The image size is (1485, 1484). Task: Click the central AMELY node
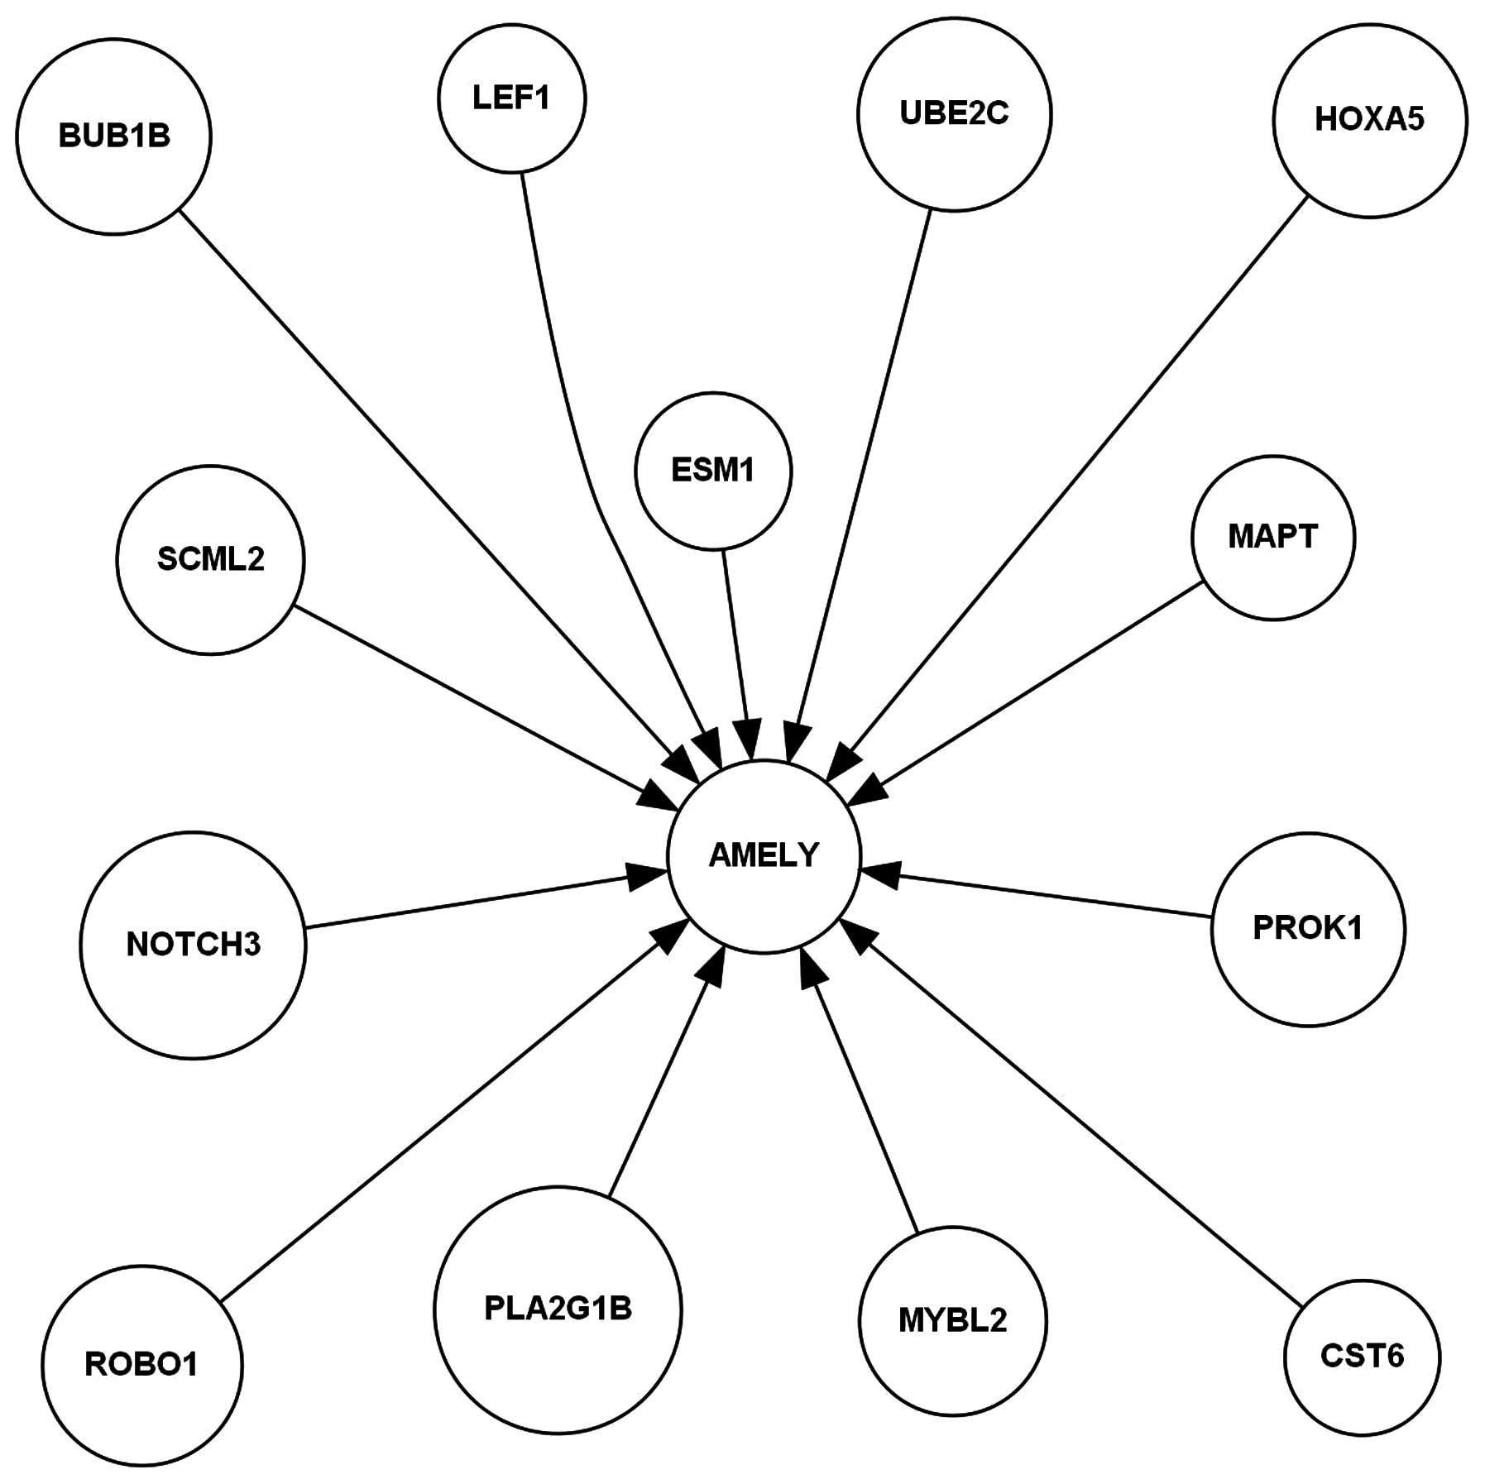[764, 855]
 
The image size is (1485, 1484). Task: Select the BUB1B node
[113, 136]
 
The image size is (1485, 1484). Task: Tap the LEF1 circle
[511, 98]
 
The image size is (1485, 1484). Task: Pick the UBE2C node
[954, 114]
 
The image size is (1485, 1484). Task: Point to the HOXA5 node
[1369, 120]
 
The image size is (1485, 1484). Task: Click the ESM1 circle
[713, 471]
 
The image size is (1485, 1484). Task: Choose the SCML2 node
[210, 560]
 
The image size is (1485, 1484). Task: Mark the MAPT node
[1272, 538]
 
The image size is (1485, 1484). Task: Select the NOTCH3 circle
[193, 945]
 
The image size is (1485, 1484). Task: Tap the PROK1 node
[1307, 929]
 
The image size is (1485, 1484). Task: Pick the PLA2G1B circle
[558, 1309]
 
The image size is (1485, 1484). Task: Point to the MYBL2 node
[952, 1321]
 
